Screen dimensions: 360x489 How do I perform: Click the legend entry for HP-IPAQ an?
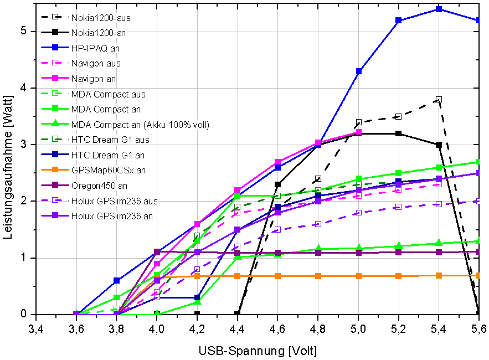tap(95, 48)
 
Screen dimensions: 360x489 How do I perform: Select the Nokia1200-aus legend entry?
tap(104, 18)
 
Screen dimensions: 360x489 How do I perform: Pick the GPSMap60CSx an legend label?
tap(109, 170)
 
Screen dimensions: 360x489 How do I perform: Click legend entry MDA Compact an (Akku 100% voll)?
tap(140, 125)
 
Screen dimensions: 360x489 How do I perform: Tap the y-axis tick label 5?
tap(23, 31)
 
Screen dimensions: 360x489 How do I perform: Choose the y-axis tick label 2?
tap(23, 201)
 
